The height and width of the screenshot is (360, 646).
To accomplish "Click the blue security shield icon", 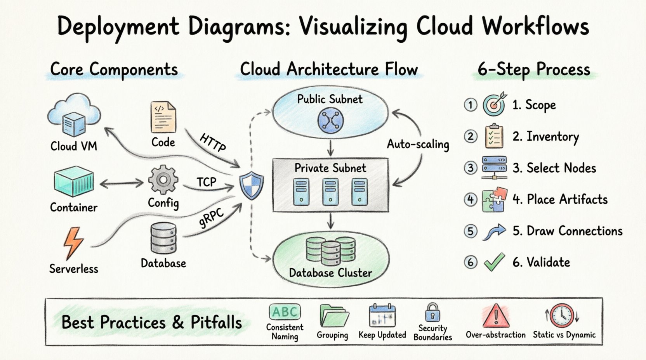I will point(251,186).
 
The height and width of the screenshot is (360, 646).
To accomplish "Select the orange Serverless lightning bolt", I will point(73,242).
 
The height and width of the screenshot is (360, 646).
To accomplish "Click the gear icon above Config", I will point(163,180).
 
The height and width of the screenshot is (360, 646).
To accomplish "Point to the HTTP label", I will point(213,142).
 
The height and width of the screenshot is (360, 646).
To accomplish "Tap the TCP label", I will point(206,182).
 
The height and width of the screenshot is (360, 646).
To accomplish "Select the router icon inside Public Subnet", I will point(330,120).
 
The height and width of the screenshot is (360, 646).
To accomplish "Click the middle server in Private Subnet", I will point(330,191).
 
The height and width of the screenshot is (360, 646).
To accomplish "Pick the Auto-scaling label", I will point(418,144).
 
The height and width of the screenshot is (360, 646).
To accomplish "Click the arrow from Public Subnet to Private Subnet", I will point(330,148).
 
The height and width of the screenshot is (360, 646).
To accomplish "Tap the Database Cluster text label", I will point(330,273).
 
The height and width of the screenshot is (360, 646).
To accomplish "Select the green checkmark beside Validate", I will point(494,262).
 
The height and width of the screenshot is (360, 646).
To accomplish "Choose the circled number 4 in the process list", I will point(471,199).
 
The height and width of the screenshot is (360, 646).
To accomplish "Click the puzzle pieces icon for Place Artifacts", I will point(494,199).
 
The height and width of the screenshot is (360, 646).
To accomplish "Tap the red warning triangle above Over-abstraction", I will point(496,316).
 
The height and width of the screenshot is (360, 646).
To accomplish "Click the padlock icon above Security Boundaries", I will point(432,313).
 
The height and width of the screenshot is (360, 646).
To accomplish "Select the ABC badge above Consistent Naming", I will point(285,312).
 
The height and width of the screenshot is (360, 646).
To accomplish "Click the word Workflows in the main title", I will point(535,26).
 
